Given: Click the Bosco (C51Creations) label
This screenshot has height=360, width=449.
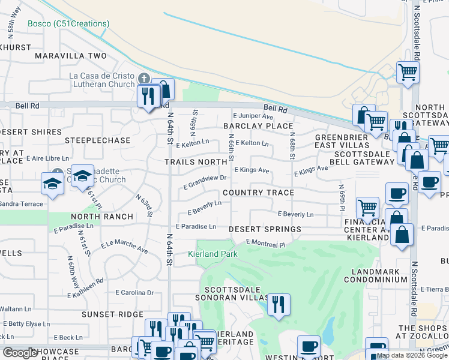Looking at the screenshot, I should [68, 24].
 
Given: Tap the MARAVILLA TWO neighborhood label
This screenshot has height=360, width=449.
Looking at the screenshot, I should [70, 56].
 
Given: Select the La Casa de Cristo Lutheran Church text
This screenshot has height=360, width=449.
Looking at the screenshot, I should [101, 80].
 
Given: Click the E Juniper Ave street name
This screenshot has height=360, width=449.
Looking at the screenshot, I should [253, 116].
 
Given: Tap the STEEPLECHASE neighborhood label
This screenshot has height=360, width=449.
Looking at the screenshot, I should [100, 140].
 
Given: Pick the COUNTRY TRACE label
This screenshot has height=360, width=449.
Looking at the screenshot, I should [258, 193].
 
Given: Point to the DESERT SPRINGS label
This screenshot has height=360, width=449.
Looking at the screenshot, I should [265, 230].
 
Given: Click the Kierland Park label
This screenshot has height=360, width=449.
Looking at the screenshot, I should [212, 254].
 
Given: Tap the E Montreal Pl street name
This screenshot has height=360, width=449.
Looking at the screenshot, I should [265, 244].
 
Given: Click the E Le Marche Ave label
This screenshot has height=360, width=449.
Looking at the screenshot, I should [124, 246].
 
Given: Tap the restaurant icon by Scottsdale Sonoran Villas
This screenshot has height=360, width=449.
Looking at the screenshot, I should [278, 305].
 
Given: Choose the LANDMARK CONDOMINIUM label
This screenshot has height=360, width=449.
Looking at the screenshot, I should [375, 275].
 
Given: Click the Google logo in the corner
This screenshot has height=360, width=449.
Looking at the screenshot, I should [20, 353].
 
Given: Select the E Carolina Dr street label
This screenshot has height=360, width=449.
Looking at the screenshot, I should [134, 293].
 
